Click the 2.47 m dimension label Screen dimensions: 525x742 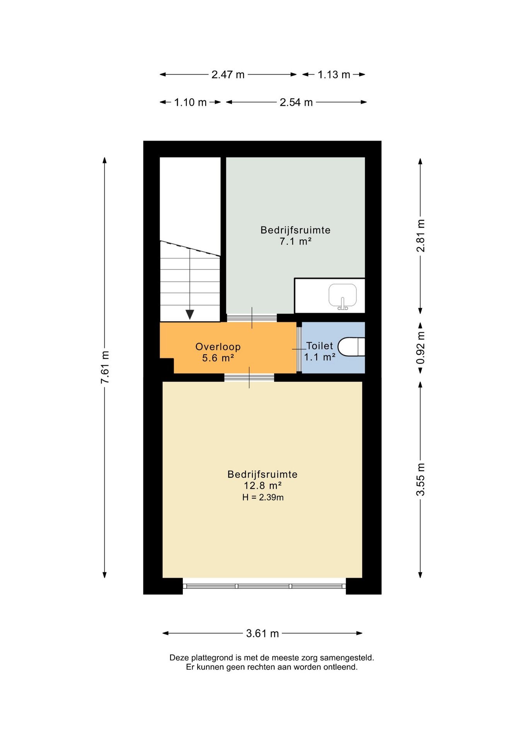pos(228,75)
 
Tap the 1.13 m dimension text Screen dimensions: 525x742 pos(334,75)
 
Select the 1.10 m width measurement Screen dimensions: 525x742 pos(190,102)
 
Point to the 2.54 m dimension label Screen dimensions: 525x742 pos(296,102)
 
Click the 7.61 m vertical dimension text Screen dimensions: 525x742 pos(105,367)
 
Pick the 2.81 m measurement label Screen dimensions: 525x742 pos(421,236)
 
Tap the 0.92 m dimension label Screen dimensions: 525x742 pos(421,347)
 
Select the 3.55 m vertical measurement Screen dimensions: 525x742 pos(421,479)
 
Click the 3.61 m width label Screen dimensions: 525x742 pos(262,633)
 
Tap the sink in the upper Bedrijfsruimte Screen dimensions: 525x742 pos(343,297)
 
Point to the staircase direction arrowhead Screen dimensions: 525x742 pos(190,315)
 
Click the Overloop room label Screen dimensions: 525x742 pos(218,347)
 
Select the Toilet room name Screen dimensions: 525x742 pos(319,346)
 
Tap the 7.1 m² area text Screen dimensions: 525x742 pos(296,242)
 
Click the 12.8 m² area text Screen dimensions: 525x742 pos(263,486)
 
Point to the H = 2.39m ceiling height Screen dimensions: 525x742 pos(263,497)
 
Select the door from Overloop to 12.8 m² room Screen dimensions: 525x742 pos(249,378)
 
